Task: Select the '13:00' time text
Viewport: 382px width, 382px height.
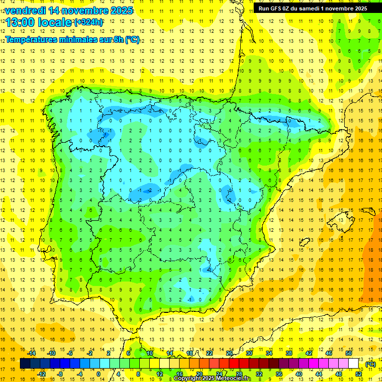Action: click(20, 22)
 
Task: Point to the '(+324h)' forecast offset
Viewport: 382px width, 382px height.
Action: click(88, 22)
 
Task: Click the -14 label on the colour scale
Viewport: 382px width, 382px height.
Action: click(31, 353)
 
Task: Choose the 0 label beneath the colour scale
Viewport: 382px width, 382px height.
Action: click(98, 374)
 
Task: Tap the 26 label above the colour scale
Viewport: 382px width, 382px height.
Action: click(229, 353)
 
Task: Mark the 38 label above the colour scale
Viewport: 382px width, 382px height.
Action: click(288, 353)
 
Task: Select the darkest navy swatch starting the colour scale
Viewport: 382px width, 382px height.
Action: click(25, 364)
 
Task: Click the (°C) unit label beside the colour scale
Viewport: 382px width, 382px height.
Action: click(370, 364)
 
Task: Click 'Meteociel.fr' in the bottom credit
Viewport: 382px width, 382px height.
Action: click(234, 379)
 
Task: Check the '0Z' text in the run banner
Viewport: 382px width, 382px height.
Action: click(287, 8)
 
